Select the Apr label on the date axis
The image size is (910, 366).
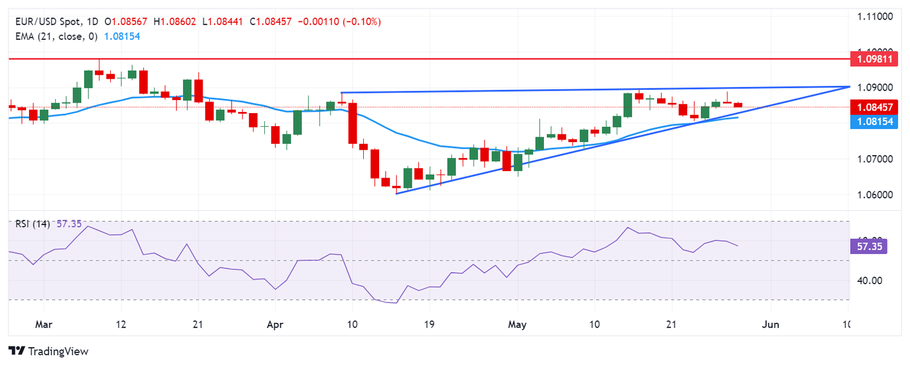coord(275,325)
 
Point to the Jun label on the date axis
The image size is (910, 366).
coord(771,325)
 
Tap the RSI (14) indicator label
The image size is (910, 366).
coord(33,224)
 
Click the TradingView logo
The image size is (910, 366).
coord(49,351)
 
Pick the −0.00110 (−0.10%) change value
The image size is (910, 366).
coord(339,22)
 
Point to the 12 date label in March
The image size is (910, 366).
coord(121,325)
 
